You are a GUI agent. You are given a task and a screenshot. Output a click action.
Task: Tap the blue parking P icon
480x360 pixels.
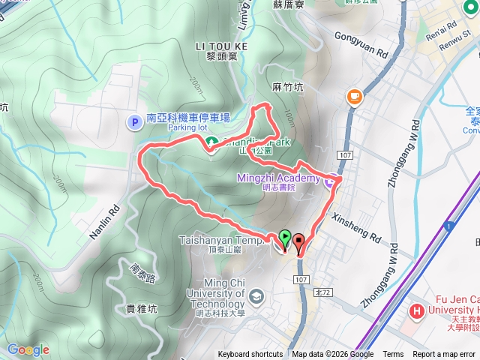coord(135,121)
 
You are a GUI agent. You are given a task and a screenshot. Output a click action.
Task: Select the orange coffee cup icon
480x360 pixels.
coord(354,96)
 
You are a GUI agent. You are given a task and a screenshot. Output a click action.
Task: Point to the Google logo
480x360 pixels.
coord(28,349)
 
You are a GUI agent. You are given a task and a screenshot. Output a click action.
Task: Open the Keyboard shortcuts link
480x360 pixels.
coord(250,355)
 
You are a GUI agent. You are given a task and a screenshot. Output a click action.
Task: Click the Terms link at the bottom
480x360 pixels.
coord(393,355)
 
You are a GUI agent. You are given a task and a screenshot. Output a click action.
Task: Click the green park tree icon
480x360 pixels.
coord(211,141)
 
